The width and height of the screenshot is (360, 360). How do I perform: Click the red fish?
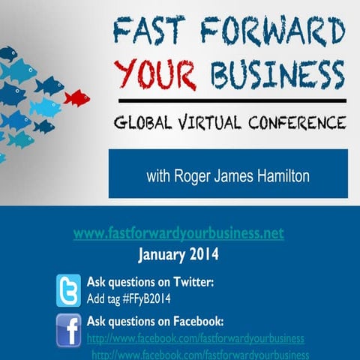point(76,97)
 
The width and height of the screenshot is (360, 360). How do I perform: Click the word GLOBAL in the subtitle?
point(145,121)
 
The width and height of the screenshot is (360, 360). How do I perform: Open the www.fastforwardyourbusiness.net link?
point(178,233)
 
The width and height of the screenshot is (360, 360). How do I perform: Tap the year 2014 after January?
point(205,255)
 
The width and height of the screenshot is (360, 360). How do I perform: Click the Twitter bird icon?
point(69,289)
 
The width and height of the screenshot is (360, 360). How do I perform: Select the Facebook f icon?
point(69,329)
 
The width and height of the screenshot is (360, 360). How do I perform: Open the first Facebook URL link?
point(196,338)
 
